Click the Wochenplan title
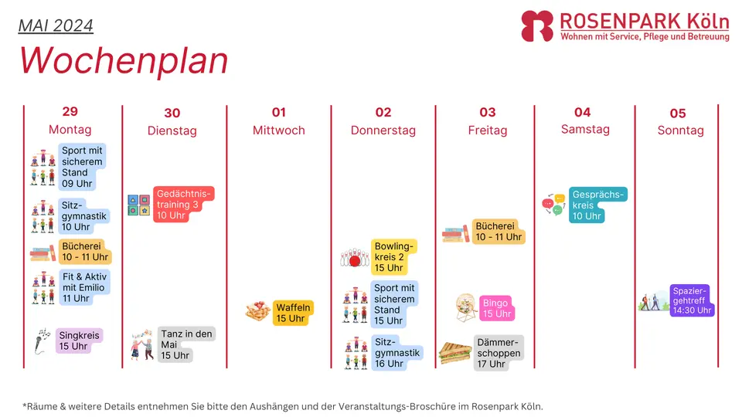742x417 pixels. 124,61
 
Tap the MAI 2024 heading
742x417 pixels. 56,25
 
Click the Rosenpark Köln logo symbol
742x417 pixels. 537,26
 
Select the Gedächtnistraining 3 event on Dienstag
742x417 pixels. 184,204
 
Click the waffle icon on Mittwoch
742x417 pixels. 258,311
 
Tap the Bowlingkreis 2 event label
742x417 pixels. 393,256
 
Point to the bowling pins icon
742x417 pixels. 355,258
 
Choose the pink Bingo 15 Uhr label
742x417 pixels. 497,308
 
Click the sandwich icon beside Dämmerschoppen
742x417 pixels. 454,353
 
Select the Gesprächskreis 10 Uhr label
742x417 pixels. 597,205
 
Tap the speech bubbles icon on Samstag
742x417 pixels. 553,204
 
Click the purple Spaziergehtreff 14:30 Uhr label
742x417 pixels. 692,300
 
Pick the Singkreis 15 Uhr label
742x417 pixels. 79,341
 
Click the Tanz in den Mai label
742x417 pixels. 186,344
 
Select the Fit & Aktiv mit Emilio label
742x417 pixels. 84,287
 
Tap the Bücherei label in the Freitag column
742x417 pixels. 499,232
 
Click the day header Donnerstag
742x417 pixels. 383,131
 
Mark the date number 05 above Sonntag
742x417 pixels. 678,114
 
